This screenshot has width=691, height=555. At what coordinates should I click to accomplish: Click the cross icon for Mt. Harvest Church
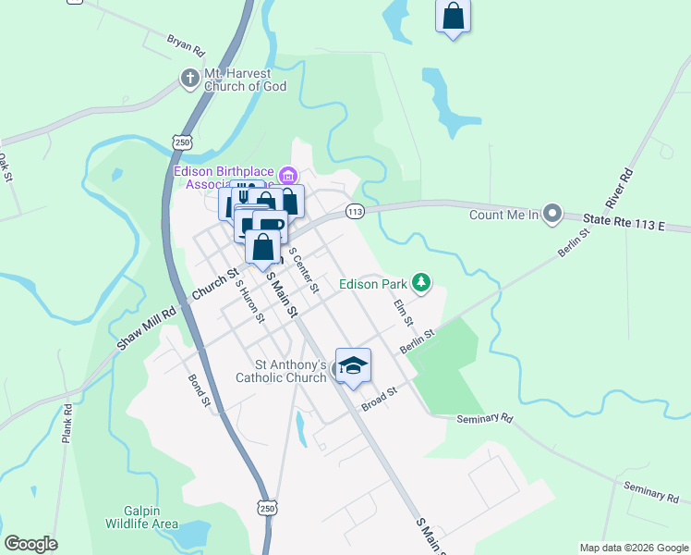pos(189,78)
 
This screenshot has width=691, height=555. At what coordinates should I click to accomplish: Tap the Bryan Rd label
pos(185,43)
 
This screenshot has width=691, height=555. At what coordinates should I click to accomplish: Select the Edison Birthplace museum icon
pos(288,175)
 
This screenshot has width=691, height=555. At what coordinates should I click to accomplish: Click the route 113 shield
pos(354,212)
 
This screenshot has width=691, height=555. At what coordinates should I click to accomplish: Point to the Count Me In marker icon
pos(552,215)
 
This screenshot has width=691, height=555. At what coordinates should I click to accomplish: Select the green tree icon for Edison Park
pos(421,282)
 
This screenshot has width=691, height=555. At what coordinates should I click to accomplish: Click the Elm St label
pos(401,312)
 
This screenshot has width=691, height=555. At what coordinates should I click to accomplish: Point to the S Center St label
pos(303,269)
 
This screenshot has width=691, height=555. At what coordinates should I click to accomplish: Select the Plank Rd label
pos(67,422)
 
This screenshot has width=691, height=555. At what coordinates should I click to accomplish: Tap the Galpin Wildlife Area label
pos(152,517)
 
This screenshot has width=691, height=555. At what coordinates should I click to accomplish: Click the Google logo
pos(30,544)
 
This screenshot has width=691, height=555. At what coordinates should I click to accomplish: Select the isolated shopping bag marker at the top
pos(453,16)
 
